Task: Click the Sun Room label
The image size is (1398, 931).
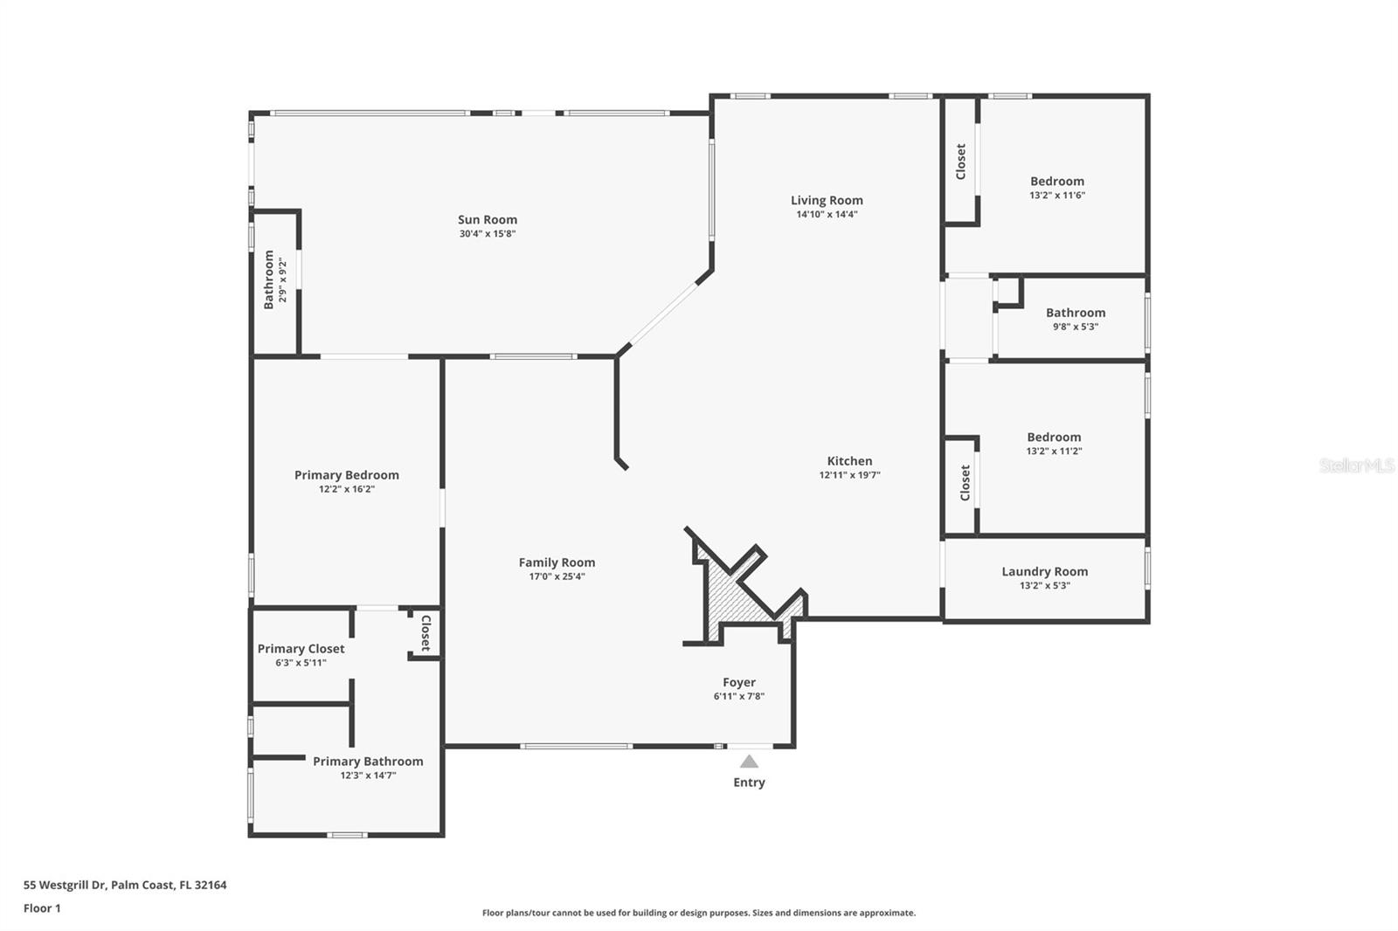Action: (488, 220)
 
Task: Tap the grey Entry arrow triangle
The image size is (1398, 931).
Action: (749, 762)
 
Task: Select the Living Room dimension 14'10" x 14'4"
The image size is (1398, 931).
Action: (827, 214)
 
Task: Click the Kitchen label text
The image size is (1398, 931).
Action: (849, 461)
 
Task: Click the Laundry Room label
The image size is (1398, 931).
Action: (1044, 572)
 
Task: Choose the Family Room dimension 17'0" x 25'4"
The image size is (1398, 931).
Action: (557, 576)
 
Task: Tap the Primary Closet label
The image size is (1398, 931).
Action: (301, 649)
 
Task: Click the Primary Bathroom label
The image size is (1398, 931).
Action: (368, 762)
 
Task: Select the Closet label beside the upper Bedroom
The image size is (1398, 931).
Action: (961, 162)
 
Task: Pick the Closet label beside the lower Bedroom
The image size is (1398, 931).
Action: (965, 482)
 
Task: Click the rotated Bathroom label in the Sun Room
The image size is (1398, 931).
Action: (269, 279)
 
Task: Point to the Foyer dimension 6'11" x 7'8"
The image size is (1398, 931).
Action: (739, 696)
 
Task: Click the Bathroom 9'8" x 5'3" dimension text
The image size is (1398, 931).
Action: (1076, 327)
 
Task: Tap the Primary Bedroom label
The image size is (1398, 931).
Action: (346, 475)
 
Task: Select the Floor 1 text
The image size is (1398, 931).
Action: (42, 908)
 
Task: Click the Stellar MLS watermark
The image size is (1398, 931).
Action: (1356, 465)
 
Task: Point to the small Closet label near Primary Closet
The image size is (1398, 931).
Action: (426, 633)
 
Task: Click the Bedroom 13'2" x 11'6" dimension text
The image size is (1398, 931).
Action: (1057, 196)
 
